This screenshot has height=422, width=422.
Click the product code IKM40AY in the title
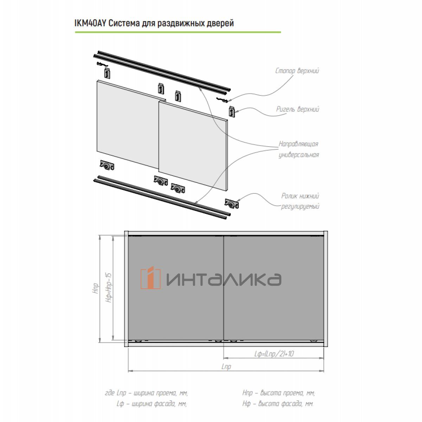pos(90,23)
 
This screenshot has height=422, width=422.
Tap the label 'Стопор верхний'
pos(297,71)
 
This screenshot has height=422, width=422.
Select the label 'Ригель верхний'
pos(298,109)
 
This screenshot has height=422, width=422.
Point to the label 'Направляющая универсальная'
pos(299,149)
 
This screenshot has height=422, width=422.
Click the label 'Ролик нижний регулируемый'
pos(300,201)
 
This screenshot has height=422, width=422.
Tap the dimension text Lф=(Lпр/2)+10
pos(274,353)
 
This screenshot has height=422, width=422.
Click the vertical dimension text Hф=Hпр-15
pos(109,288)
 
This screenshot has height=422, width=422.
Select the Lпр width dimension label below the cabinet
pos(226,366)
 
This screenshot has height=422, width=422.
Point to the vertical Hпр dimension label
pos(96,288)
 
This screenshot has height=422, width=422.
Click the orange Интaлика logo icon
pos(151,278)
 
